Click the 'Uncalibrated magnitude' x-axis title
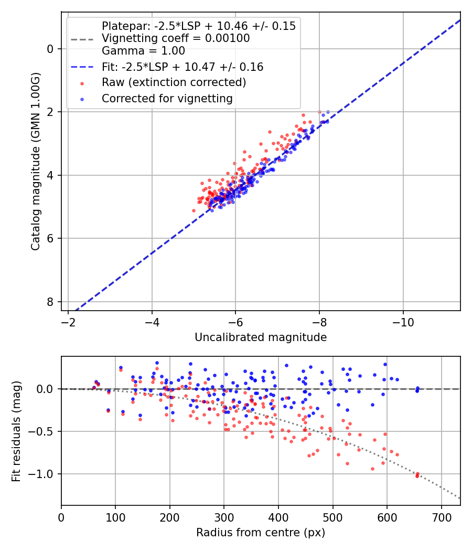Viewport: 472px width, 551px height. tap(261, 337)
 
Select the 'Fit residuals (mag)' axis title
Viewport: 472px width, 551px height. tap(16, 431)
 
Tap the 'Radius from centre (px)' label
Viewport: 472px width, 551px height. tap(261, 533)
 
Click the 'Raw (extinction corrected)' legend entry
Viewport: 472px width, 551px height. tap(174, 82)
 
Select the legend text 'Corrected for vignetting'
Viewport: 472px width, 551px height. tap(167, 98)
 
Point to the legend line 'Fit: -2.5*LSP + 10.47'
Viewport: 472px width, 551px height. tap(183, 67)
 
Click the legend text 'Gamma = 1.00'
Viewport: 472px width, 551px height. tap(143, 51)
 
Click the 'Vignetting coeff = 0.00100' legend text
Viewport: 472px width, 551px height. tap(176, 38)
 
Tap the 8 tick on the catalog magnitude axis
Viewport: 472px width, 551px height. tap(51, 302)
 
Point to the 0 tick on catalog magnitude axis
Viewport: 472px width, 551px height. tap(51, 49)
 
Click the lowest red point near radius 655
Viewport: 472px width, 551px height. tap(417, 476)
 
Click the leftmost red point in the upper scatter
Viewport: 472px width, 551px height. tap(194, 210)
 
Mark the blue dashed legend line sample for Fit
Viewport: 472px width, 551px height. tap(82, 67)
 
